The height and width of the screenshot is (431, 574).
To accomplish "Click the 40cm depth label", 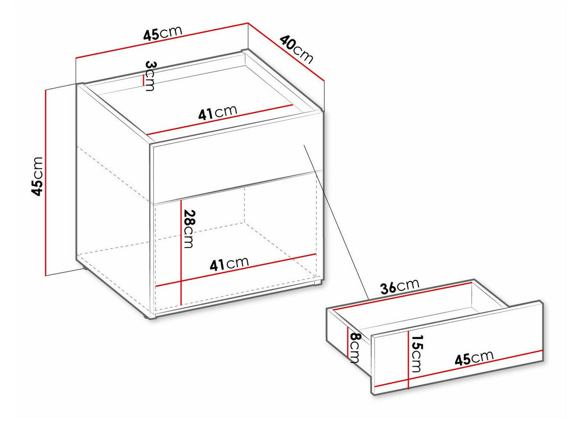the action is pyautogui.click(x=296, y=50).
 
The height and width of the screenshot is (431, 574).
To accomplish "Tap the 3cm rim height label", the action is pyautogui.click(x=150, y=76).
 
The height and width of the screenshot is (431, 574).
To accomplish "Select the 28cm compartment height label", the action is pyautogui.click(x=189, y=229).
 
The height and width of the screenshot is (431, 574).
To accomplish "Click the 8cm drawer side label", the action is pyautogui.click(x=355, y=348).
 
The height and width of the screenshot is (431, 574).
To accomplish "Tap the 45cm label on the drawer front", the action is pyautogui.click(x=474, y=358).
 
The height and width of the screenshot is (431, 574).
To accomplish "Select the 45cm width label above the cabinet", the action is pyautogui.click(x=162, y=33).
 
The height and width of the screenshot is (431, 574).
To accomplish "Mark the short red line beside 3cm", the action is pyautogui.click(x=143, y=80).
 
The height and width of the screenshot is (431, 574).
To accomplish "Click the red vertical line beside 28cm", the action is pyautogui.click(x=181, y=253).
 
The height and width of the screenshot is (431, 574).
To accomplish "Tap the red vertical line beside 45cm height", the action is pyautogui.click(x=45, y=183).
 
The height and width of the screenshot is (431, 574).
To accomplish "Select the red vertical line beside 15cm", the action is pyautogui.click(x=408, y=360).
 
